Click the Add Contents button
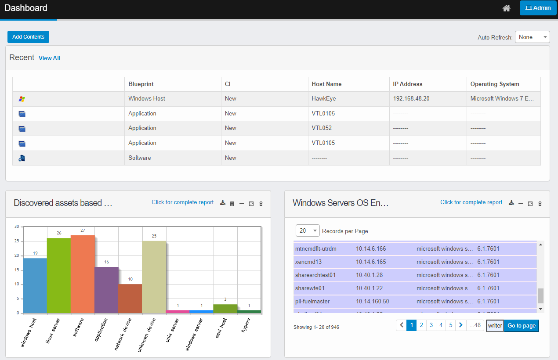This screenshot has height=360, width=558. [x=28, y=37]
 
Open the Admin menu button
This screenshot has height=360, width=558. [x=538, y=8]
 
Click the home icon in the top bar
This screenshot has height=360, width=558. [x=507, y=8]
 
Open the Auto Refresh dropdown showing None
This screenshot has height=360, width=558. [x=532, y=37]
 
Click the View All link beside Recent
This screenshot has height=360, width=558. [x=49, y=58]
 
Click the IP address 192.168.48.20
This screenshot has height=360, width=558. [x=411, y=99]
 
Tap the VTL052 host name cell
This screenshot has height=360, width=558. [x=322, y=128]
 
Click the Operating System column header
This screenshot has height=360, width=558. [x=495, y=84]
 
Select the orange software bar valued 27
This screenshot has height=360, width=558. [x=83, y=274]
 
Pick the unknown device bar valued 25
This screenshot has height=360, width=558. [x=154, y=277]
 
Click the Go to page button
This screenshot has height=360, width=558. [x=522, y=326]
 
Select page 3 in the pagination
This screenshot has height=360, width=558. [x=431, y=325]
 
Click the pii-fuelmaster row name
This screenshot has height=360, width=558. [x=312, y=302]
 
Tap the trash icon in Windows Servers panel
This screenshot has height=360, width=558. [x=540, y=204]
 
